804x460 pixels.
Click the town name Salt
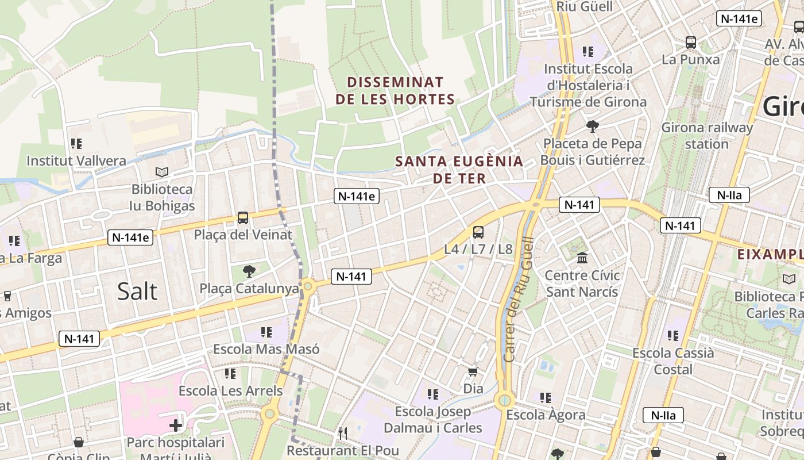tap(137, 292)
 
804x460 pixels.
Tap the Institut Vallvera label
tap(76, 160)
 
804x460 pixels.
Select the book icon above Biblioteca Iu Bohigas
tap(163, 172)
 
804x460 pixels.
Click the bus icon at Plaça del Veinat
tap(243, 218)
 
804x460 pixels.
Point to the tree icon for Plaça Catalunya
tap(249, 271)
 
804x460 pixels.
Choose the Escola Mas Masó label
tap(266, 349)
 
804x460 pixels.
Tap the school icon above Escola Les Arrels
tap(230, 374)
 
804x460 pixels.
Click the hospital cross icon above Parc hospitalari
tap(176, 425)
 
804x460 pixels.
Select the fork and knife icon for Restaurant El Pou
tap(343, 433)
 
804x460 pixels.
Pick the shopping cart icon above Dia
tap(473, 372)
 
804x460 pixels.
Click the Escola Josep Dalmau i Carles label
tap(432, 420)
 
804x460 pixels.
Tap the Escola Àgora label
tap(546, 415)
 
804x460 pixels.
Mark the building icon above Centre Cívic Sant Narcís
tap(582, 258)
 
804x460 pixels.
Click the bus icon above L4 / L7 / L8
tap(478, 232)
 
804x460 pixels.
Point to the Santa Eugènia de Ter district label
tap(459, 170)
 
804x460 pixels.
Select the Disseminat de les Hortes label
tap(395, 91)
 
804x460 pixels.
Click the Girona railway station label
tap(706, 136)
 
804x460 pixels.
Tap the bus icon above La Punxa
tap(690, 43)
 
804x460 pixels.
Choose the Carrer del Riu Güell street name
tap(518, 299)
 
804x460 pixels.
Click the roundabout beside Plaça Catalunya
tap(308, 285)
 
